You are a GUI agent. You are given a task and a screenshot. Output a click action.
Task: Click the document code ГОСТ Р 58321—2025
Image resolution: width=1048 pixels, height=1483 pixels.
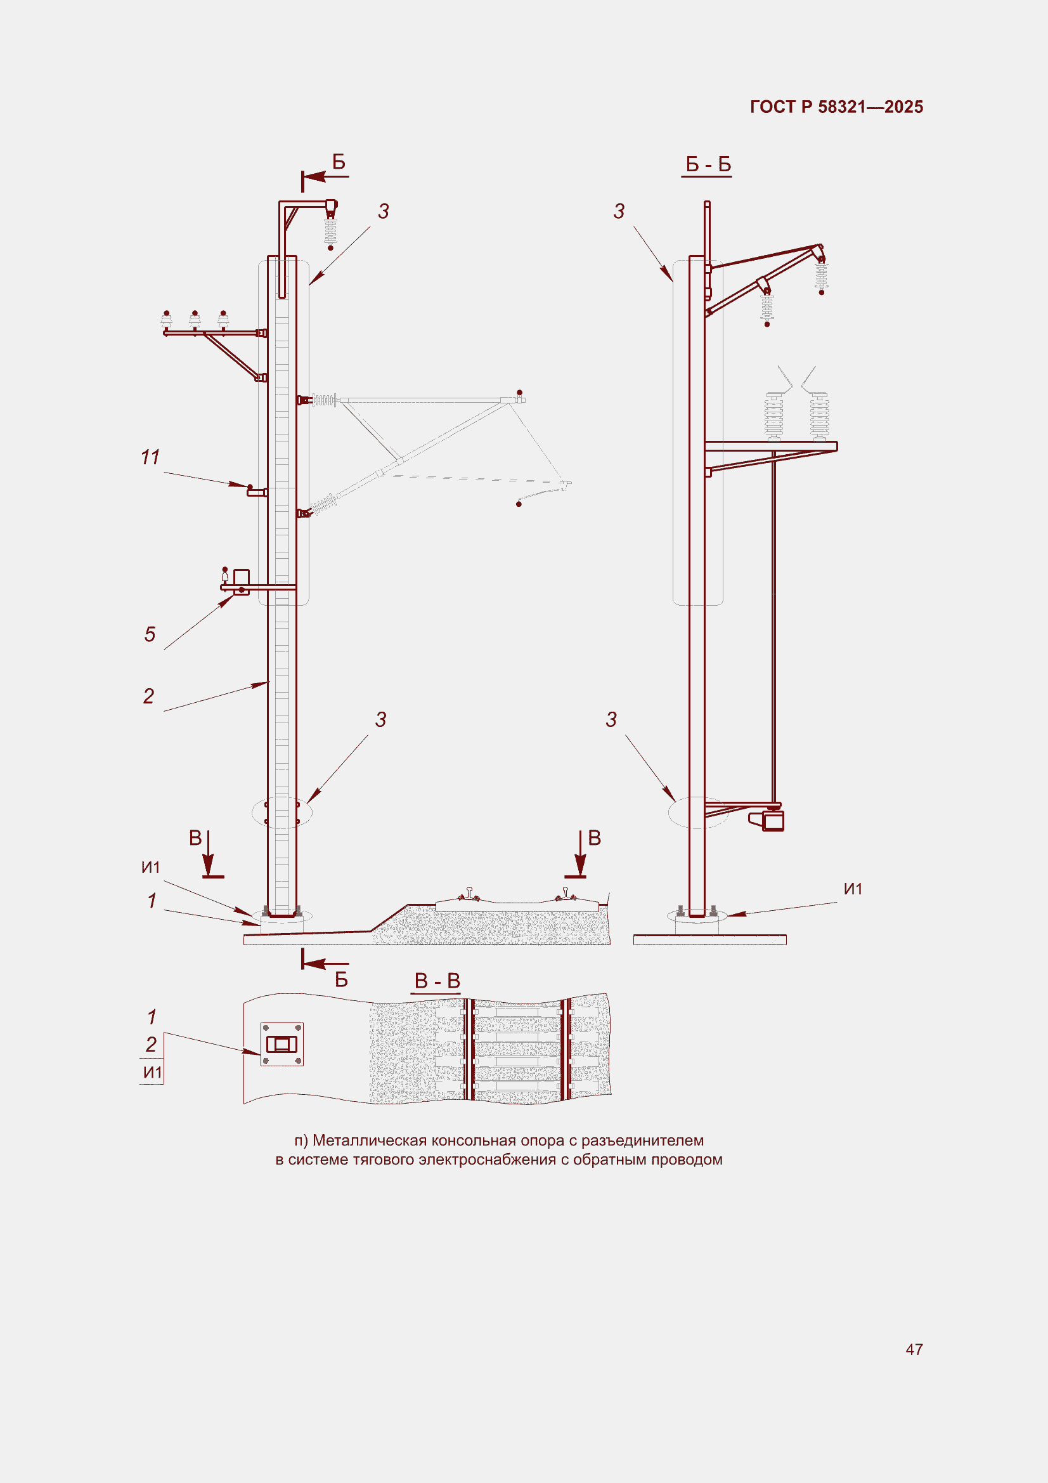(x=836, y=107)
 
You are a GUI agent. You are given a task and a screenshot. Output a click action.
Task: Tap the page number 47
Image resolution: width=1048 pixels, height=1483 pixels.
(x=914, y=1349)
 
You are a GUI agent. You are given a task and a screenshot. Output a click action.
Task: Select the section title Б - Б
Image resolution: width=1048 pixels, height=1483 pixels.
(x=708, y=164)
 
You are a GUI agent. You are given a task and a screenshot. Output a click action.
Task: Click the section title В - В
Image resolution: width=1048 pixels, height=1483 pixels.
(x=437, y=981)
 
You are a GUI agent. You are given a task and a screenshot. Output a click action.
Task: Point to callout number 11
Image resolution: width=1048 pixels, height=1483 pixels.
(x=150, y=457)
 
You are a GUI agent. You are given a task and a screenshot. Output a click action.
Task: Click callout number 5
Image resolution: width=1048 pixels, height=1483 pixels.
(x=150, y=634)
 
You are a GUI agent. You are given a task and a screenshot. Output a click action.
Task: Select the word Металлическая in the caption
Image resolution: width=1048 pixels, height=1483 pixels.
(x=370, y=1140)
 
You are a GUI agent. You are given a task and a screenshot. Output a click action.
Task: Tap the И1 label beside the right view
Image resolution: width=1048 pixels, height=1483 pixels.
(x=853, y=889)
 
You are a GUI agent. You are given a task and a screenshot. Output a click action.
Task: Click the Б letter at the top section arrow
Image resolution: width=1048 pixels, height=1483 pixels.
(x=339, y=162)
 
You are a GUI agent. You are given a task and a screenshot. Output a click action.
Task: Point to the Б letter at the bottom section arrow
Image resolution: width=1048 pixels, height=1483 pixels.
(x=342, y=980)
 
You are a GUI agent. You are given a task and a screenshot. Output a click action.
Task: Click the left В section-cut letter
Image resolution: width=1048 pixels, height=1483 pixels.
(x=195, y=838)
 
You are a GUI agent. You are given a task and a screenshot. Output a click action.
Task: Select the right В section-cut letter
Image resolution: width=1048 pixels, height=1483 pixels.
(x=595, y=838)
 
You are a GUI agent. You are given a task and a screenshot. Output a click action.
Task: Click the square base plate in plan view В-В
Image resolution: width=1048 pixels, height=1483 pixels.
(x=281, y=1044)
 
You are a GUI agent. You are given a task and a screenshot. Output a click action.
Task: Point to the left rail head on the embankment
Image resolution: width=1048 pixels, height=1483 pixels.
(x=469, y=894)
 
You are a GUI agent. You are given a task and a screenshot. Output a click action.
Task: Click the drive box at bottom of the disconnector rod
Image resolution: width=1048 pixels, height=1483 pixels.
(x=772, y=820)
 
